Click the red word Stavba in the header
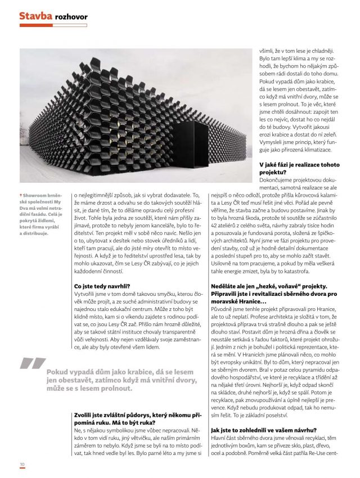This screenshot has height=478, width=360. click(x=35, y=16)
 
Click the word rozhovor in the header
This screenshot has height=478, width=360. click(x=71, y=17)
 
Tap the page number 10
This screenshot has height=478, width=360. click(x=22, y=465)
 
